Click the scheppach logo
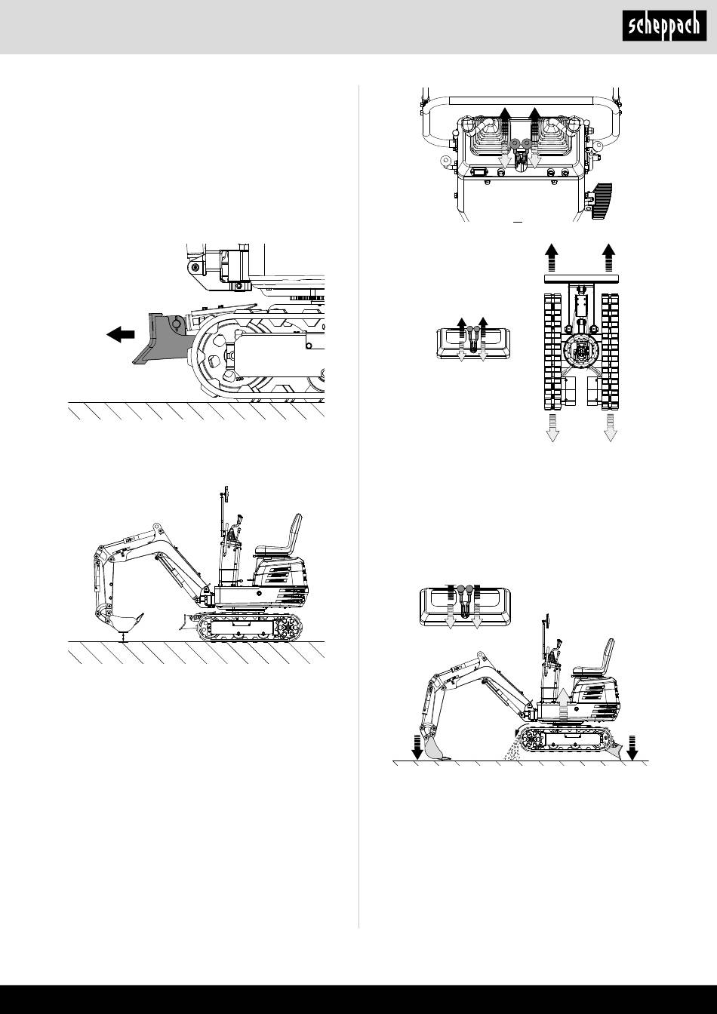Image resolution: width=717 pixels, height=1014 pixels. click(x=664, y=26)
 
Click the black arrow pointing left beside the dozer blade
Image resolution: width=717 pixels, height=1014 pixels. click(x=121, y=334)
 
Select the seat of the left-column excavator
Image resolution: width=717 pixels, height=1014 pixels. click(x=278, y=536)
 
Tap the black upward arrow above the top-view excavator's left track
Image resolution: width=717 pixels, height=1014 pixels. click(x=551, y=257)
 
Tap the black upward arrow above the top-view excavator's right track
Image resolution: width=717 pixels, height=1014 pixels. click(x=610, y=257)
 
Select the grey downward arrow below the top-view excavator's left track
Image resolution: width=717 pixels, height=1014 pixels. click(x=552, y=427)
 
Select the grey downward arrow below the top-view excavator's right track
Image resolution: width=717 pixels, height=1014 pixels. click(x=611, y=427)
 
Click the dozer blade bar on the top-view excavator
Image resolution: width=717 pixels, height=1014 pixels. click(x=581, y=278)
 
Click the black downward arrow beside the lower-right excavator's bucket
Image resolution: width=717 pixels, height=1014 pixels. click(x=417, y=748)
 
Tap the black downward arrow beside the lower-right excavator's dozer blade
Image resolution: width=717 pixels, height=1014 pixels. click(x=632, y=748)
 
